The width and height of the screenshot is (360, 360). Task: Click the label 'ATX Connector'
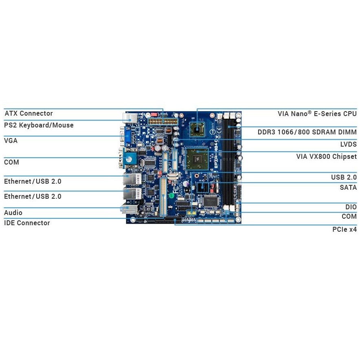pos(29,114)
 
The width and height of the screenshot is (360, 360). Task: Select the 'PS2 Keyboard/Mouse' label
pos(39,125)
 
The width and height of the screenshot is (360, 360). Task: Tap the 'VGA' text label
pos(11,141)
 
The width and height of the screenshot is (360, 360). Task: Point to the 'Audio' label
pos(13,213)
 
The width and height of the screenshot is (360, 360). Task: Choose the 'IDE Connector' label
pos(27,223)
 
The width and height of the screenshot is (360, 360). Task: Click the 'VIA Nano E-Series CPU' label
pos(317,114)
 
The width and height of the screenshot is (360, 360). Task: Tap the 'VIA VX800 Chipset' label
pos(326,157)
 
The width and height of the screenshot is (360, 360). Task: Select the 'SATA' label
pos(348,188)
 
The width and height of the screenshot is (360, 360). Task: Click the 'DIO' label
pos(351,207)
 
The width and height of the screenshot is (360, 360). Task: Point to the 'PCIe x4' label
pos(344,230)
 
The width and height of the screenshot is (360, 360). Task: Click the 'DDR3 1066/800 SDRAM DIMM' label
pos(307,132)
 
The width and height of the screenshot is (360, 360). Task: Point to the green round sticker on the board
pos(171,195)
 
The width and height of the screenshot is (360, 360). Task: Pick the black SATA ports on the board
pos(202,188)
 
